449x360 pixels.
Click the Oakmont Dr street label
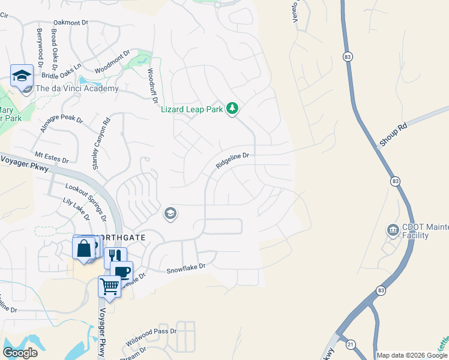71,23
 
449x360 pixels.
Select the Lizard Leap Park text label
192,109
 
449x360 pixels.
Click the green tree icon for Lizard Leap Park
232,109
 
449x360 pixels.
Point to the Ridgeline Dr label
232,160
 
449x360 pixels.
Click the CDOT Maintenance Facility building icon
393,230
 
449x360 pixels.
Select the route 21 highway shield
349,344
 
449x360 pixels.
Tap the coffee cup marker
122,271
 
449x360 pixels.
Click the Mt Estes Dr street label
52,157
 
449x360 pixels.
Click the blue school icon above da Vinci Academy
22,76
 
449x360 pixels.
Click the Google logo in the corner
20,352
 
